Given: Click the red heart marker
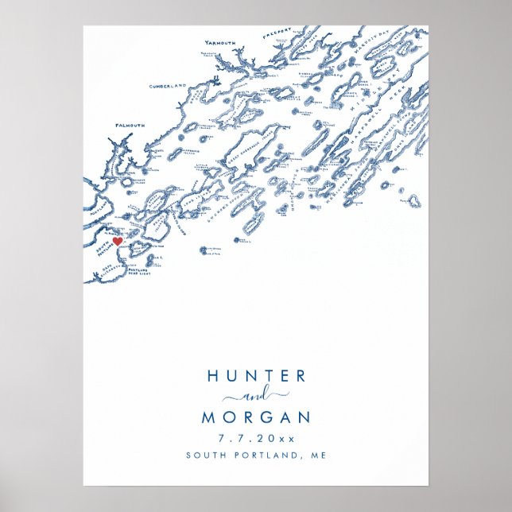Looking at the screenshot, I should pos(116,240).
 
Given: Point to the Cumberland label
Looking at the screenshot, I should pos(168,85).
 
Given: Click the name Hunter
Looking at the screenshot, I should pos(255,377).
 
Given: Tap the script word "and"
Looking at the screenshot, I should pos(255,396).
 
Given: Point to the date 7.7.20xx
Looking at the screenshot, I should pos(256,438).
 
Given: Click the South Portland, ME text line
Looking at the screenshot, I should pos(256,456).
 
